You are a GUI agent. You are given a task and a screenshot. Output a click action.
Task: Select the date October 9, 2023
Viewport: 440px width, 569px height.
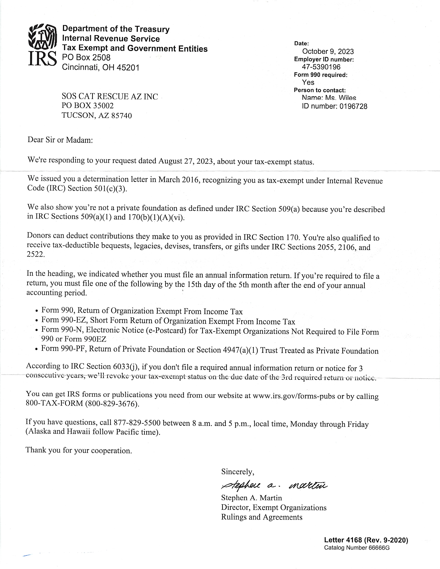tap(328, 51)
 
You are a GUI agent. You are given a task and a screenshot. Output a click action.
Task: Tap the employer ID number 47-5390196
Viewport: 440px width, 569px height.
tap(321, 67)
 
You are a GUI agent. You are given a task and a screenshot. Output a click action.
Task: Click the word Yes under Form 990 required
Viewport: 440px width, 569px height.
tap(308, 82)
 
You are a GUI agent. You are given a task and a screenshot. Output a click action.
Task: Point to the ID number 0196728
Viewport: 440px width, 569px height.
tap(353, 106)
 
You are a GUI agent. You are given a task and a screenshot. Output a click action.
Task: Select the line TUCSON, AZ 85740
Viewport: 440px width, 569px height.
tap(96, 115)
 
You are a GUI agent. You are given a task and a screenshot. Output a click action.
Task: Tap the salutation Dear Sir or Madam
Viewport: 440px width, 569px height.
tap(60, 140)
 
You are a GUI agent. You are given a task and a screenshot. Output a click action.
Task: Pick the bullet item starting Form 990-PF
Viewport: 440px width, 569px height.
tap(210, 350)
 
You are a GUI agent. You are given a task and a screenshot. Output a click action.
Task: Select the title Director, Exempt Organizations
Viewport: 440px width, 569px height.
tap(274, 507)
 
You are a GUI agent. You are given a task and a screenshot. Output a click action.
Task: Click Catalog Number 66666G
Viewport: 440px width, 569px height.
tap(357, 548)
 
